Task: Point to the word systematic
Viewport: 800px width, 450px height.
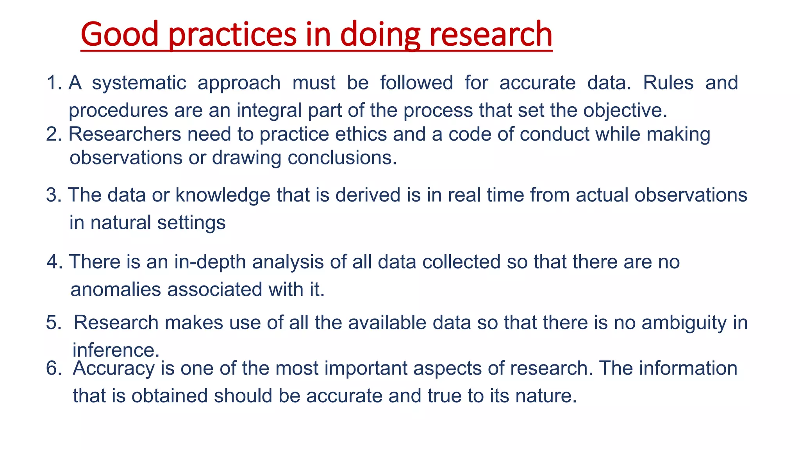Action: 139,83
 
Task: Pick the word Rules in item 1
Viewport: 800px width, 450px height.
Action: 668,83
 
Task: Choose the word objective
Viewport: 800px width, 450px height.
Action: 625,111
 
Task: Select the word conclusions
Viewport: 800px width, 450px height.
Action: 342,158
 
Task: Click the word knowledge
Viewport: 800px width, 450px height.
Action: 223,195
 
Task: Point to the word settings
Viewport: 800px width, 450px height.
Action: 191,223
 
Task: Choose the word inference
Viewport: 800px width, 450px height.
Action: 116,350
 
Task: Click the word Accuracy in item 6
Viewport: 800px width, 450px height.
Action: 114,369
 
